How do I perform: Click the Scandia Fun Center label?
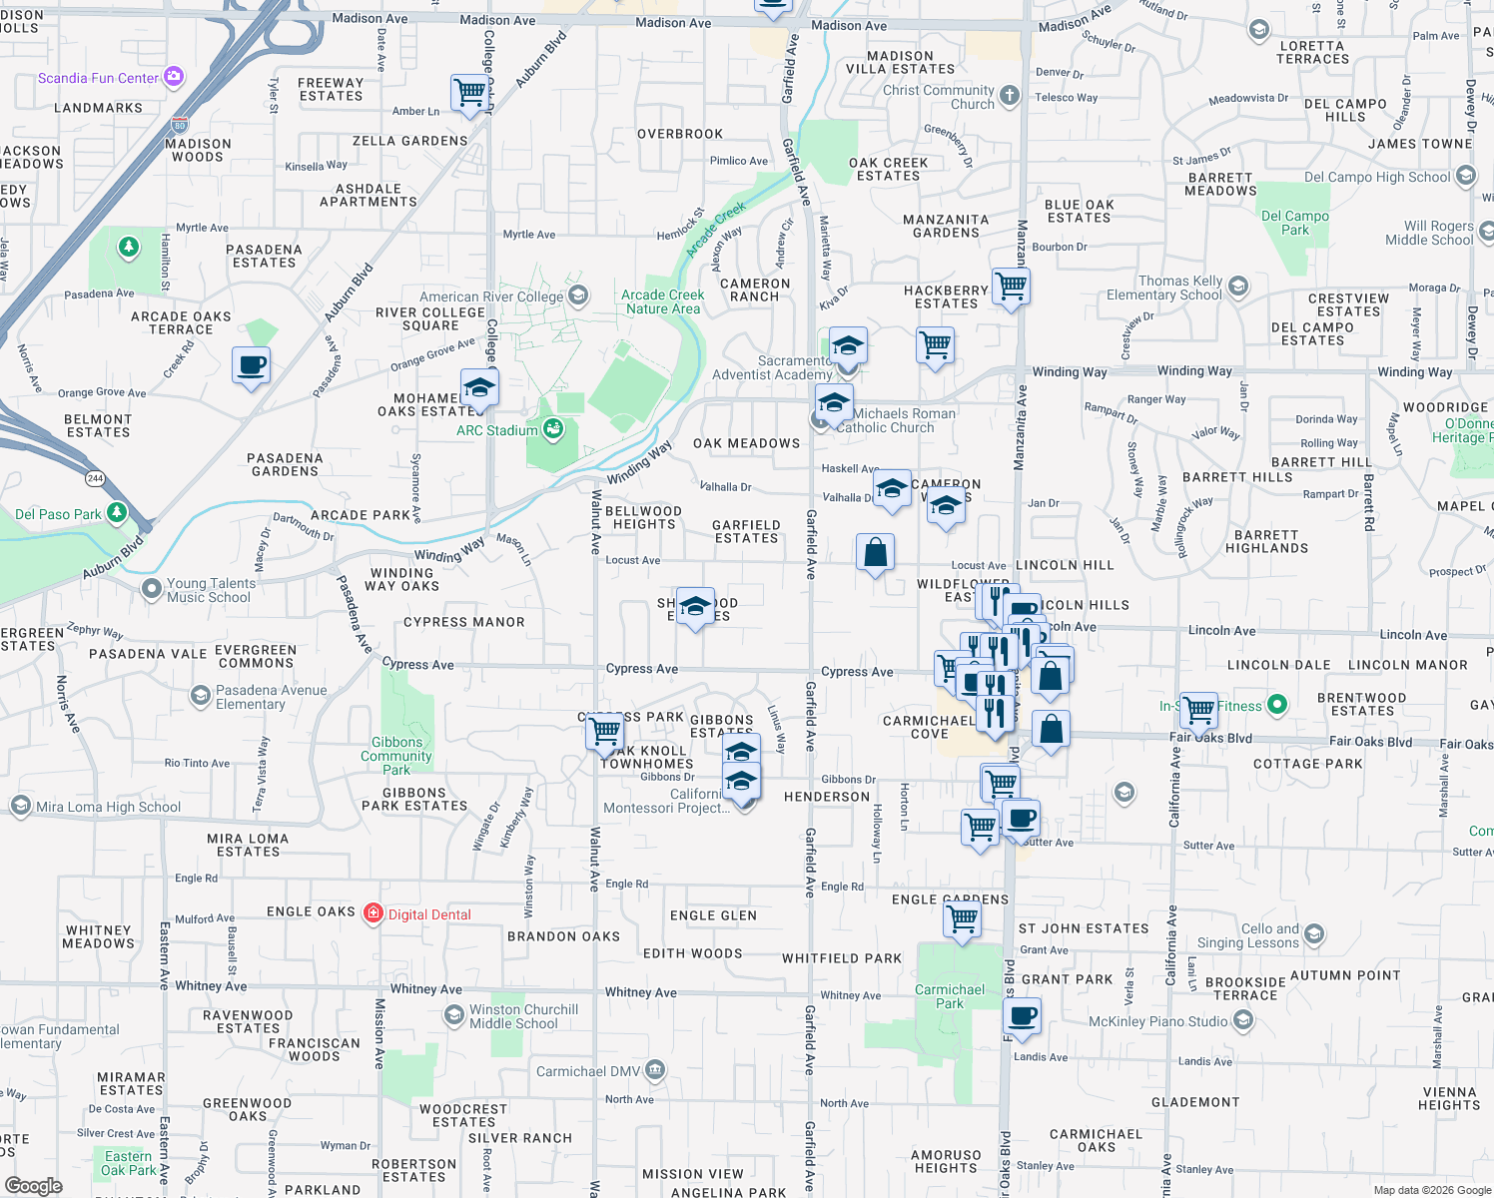(x=98, y=78)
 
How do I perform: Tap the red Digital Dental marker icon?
(x=373, y=913)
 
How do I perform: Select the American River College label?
(x=491, y=297)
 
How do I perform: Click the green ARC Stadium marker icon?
(x=552, y=429)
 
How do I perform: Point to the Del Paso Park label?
(x=58, y=514)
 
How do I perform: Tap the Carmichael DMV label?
(x=588, y=1071)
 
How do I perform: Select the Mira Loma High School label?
(x=108, y=807)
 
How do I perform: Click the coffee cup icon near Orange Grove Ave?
(x=252, y=364)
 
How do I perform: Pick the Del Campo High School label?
(x=1377, y=177)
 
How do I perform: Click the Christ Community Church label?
(x=938, y=97)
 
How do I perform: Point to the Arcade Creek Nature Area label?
(x=662, y=301)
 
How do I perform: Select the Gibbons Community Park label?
(x=396, y=756)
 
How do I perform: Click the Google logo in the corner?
(x=33, y=1185)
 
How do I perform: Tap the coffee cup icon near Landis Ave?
(x=1022, y=1017)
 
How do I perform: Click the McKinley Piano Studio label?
(x=1157, y=1021)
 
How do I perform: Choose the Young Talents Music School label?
(x=209, y=590)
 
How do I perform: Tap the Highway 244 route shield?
(x=95, y=478)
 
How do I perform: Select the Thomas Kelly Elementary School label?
(x=1164, y=288)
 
